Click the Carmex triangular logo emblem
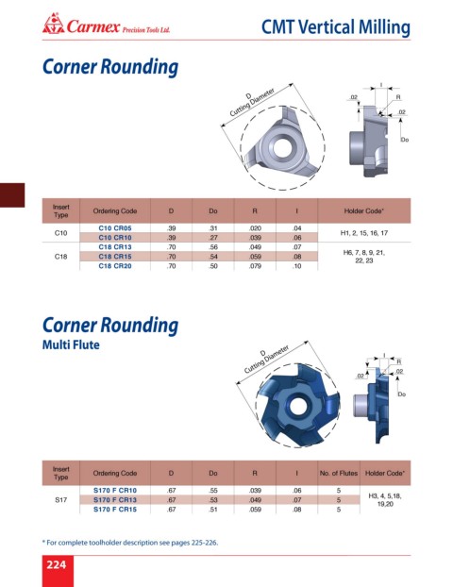(53, 24)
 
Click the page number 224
(57, 564)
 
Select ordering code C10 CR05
(115, 228)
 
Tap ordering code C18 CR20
(115, 266)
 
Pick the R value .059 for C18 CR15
(255, 257)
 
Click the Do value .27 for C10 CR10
(213, 237)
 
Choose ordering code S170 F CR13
(115, 500)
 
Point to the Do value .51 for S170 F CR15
(213, 509)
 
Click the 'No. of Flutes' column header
(339, 473)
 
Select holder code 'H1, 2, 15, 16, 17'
(364, 233)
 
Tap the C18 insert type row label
(60, 257)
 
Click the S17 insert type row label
(60, 500)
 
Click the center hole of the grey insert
(283, 147)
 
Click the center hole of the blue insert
(297, 406)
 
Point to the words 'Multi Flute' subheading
(71, 344)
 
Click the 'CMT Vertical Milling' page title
(335, 27)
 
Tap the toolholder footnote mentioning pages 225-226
(130, 542)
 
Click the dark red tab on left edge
(12, 195)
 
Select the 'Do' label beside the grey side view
(404, 140)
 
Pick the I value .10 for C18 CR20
(297, 266)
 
